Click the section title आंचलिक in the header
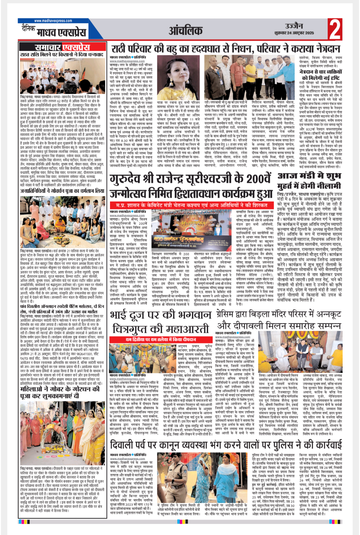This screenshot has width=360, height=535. click(185, 31)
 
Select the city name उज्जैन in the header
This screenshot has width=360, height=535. click(294, 26)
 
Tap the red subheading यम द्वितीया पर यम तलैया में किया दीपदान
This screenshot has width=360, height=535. click(161, 339)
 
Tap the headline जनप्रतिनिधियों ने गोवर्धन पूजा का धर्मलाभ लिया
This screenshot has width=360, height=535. click(62, 191)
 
